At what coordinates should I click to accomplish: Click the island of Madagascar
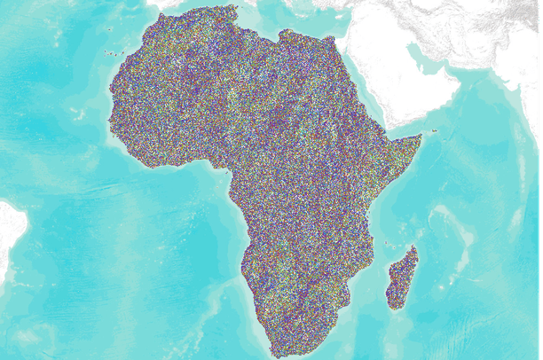[x=401, y=277]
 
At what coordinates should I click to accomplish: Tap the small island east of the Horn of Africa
[x=435, y=132]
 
